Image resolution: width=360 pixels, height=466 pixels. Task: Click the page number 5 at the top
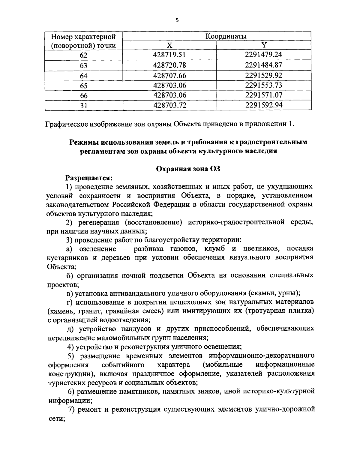click(x=177, y=20)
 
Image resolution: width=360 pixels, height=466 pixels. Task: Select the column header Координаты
click(x=226, y=36)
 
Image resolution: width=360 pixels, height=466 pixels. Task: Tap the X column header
click(x=169, y=45)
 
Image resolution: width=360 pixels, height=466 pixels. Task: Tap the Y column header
click(x=264, y=45)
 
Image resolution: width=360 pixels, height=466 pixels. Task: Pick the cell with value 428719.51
click(x=169, y=55)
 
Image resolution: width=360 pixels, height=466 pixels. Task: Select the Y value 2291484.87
click(x=264, y=65)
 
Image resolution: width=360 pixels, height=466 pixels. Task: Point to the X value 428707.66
click(x=169, y=75)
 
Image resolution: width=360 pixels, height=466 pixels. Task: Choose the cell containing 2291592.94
click(x=264, y=105)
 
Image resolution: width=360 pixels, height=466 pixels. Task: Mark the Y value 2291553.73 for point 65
click(x=264, y=85)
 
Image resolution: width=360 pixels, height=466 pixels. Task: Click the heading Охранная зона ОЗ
click(x=189, y=169)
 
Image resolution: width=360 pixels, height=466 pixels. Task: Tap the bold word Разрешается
click(x=89, y=178)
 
